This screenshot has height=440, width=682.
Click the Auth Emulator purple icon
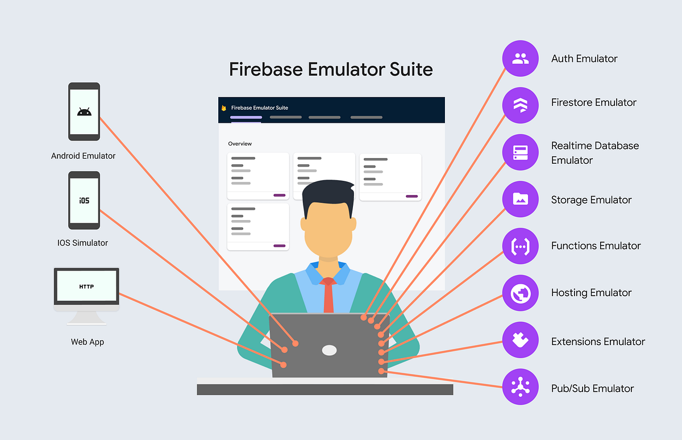point(520,59)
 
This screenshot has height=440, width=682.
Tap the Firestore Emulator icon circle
point(520,105)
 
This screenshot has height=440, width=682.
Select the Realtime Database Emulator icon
point(520,152)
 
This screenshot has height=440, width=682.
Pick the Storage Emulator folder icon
point(520,199)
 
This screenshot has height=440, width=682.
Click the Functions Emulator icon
point(520,246)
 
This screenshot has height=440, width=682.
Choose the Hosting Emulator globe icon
point(520,293)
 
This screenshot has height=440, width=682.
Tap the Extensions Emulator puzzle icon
point(520,341)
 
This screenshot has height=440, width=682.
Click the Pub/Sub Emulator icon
point(520,387)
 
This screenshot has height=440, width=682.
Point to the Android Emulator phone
point(84,111)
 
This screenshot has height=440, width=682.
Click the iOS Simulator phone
point(84,200)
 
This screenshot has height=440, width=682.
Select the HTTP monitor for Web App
point(86,287)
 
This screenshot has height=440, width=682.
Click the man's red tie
point(328,296)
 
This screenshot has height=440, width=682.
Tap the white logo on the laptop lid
point(329,350)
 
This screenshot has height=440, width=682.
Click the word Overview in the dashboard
point(240,144)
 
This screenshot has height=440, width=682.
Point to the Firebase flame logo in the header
point(224,108)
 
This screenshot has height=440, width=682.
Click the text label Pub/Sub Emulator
point(592,389)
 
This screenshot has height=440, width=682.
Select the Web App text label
point(88,342)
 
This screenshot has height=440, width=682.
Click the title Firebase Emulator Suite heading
point(331,69)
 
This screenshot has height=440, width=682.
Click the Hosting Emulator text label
point(591,293)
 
